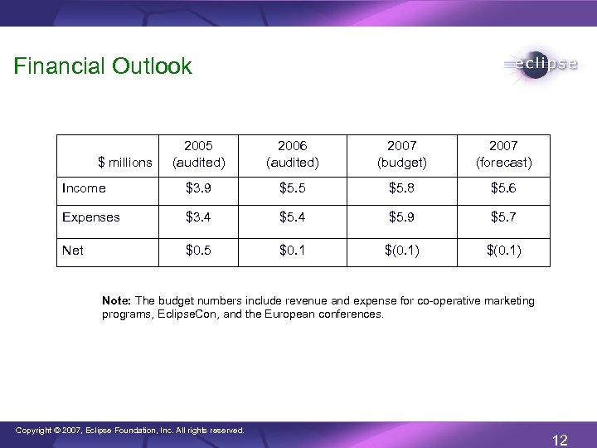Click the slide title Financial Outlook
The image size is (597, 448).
click(103, 66)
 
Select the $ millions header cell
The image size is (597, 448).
click(124, 162)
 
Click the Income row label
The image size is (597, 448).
click(85, 188)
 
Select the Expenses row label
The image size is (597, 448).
click(91, 217)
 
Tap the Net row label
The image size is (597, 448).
click(73, 250)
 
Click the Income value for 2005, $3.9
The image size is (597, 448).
click(198, 188)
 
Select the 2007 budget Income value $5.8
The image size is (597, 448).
click(401, 188)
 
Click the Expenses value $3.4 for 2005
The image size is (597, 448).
click(198, 217)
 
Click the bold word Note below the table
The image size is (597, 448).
click(117, 300)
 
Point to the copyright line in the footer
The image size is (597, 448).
click(129, 431)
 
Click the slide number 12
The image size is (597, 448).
click(560, 440)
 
